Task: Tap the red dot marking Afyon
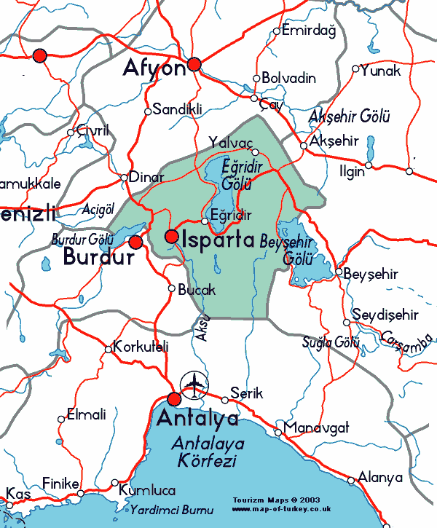pyautogui.click(x=194, y=65)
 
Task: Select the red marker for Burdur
pyautogui.click(x=135, y=241)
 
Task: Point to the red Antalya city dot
pyautogui.click(x=174, y=399)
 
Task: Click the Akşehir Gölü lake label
pyautogui.click(x=350, y=117)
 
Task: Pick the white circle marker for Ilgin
pyautogui.click(x=369, y=165)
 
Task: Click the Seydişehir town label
pyautogui.click(x=385, y=315)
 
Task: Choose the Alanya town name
pyautogui.click(x=380, y=478)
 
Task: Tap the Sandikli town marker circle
pyautogui.click(x=148, y=111)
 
